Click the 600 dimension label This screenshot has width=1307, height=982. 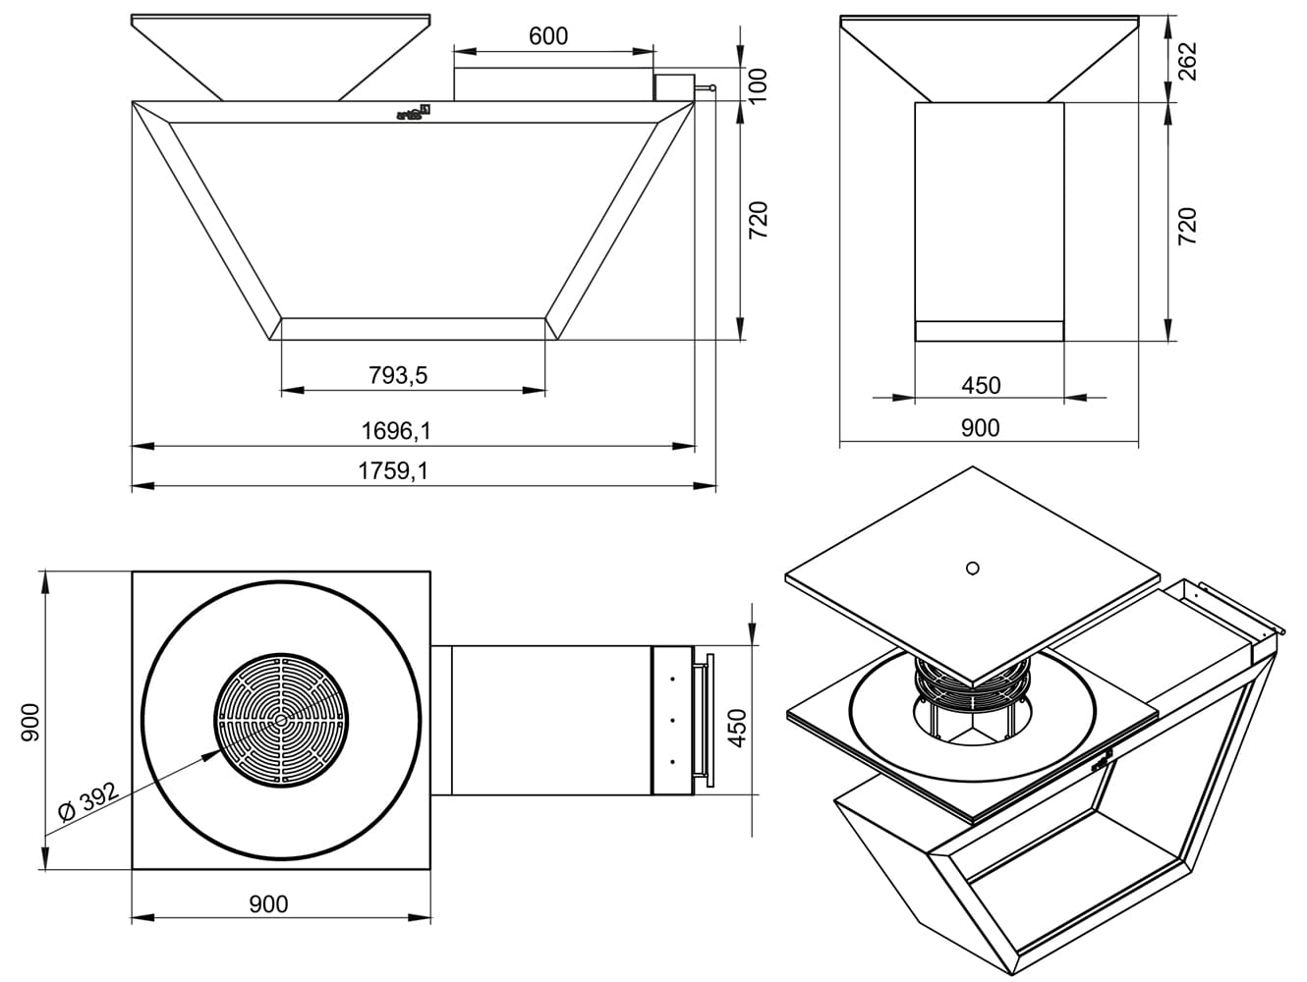pos(548,36)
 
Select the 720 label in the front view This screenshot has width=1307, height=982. pos(759,220)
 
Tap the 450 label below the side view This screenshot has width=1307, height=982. pos(981,385)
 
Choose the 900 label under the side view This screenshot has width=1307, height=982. pos(980,427)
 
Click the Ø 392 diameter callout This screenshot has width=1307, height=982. pos(87,802)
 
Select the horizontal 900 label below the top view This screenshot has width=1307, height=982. pos(268,903)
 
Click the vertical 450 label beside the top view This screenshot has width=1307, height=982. pos(738,728)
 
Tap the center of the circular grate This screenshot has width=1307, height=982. pos(282,721)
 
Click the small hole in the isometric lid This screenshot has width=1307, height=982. pos(972,568)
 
